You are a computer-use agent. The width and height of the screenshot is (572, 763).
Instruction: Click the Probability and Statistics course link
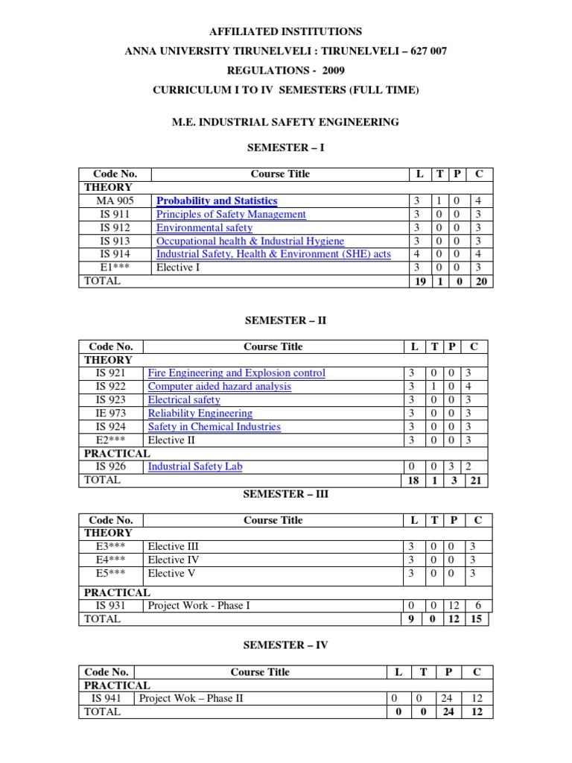217,201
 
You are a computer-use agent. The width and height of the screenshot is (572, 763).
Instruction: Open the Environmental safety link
204,228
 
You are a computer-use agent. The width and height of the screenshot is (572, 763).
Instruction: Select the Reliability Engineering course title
200,414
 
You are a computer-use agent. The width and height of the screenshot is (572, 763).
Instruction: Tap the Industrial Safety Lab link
195,467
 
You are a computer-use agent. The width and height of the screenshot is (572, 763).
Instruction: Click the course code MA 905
115,201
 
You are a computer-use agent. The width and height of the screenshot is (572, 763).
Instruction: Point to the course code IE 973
111,414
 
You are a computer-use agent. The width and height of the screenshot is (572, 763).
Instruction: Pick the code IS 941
107,699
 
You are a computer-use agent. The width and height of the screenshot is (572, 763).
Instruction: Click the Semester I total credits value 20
480,282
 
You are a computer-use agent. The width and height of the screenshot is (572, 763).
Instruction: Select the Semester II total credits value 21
475,481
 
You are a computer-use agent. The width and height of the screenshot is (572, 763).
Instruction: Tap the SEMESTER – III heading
286,494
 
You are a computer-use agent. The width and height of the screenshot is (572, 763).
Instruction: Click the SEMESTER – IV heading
286,645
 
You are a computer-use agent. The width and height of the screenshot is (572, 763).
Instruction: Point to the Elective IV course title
174,560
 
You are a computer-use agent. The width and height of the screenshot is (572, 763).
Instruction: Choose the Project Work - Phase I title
199,606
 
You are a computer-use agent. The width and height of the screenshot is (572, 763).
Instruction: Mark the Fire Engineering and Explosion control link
237,373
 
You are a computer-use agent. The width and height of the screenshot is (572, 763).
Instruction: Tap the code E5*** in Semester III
111,574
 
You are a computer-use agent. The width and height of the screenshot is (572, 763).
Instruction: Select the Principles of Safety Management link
231,215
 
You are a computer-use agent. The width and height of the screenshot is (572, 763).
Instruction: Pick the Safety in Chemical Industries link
214,427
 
